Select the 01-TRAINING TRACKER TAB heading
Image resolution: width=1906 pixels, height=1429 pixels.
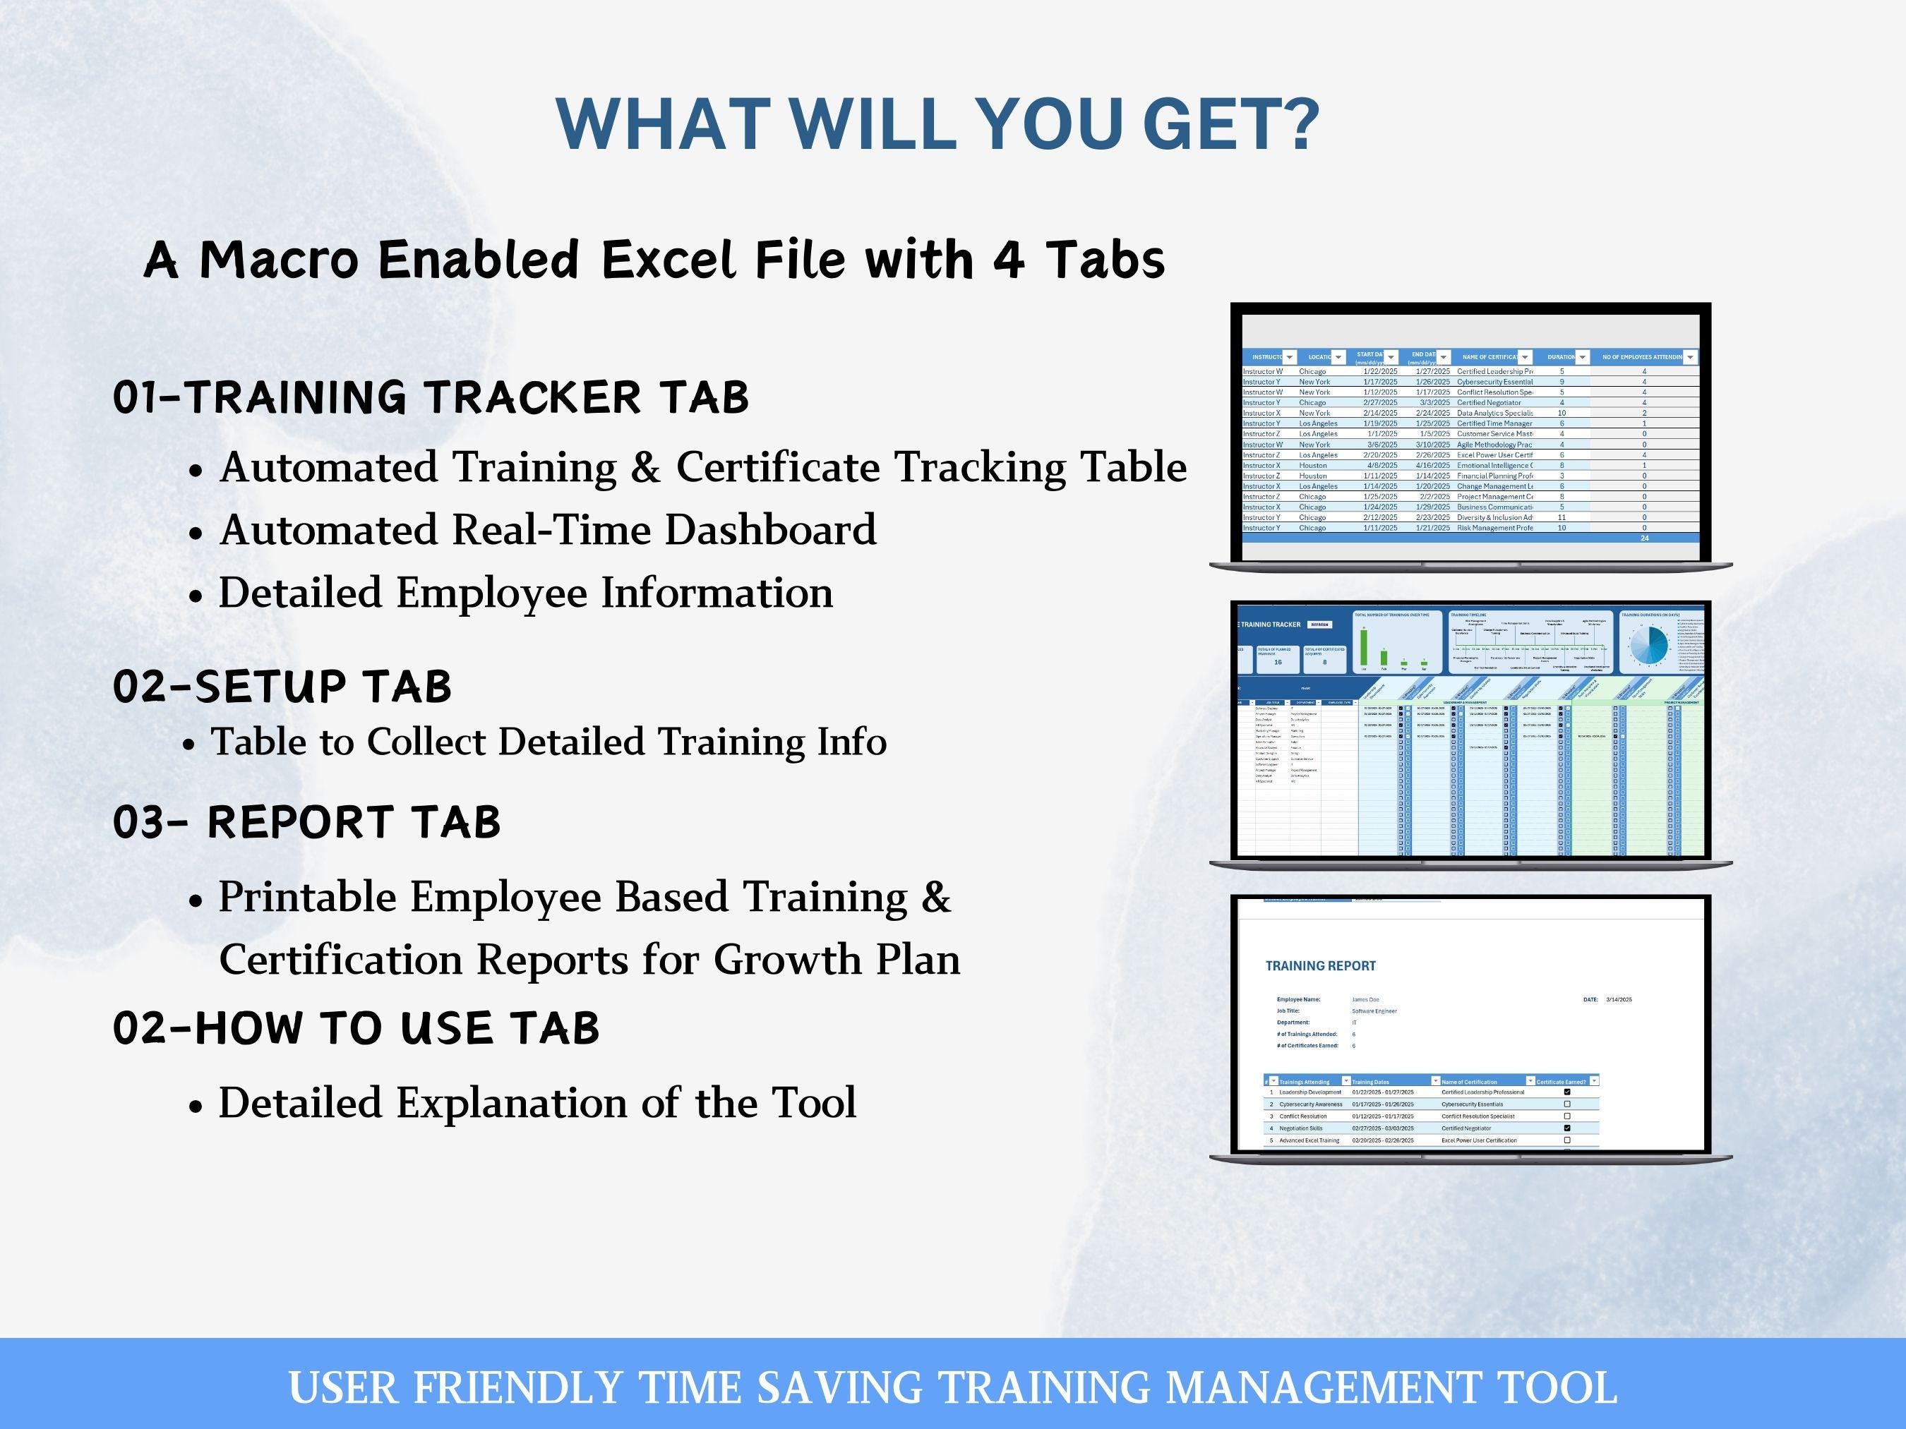(x=431, y=397)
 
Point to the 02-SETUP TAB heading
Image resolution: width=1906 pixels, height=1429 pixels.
(x=282, y=687)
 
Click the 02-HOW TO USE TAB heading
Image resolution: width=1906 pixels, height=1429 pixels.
(x=356, y=1027)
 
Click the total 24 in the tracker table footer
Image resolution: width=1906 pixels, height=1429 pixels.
(x=1644, y=538)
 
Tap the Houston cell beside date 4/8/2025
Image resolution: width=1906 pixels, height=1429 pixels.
(x=1313, y=465)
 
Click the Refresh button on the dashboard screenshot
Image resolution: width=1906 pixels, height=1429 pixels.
(x=1319, y=625)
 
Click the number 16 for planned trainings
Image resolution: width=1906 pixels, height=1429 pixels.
(x=1278, y=663)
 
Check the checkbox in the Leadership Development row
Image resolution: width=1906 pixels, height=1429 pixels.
(x=1566, y=1092)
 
